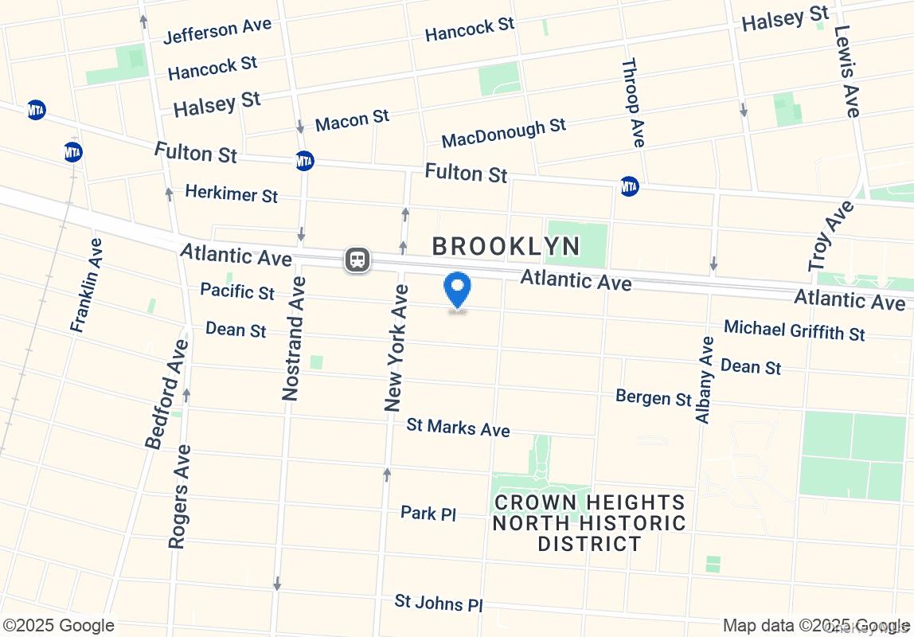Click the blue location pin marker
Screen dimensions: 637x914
click(x=457, y=291)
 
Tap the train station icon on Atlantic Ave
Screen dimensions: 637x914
click(x=357, y=260)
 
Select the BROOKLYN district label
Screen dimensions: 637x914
click(x=506, y=246)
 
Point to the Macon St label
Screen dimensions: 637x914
click(x=352, y=121)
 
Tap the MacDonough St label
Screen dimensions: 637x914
click(x=503, y=132)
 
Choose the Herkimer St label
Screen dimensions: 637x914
click(x=231, y=193)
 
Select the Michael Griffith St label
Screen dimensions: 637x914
click(x=794, y=329)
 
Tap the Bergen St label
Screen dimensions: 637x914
click(x=654, y=397)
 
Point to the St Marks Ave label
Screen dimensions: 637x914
click(x=458, y=427)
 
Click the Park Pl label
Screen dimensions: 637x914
click(x=428, y=513)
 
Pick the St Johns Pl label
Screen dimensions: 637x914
click(x=439, y=603)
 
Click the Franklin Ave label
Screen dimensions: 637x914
click(x=86, y=285)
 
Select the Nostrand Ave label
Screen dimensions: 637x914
click(x=292, y=338)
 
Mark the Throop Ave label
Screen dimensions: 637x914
click(x=632, y=103)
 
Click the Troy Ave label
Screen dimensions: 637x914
click(x=830, y=236)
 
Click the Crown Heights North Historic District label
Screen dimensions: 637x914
click(x=589, y=523)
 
